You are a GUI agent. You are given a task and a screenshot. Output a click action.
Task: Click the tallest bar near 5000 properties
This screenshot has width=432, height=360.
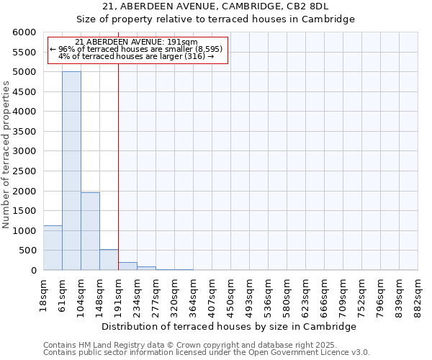click(71, 171)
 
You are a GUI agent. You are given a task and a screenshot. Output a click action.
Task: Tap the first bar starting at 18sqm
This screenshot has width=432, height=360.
click(53, 248)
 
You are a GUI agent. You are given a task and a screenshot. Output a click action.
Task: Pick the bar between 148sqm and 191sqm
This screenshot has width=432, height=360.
click(109, 260)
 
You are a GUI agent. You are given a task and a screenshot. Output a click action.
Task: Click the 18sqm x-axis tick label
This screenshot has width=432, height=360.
click(43, 294)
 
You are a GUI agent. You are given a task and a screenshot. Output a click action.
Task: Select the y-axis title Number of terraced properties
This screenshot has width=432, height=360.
click(6, 155)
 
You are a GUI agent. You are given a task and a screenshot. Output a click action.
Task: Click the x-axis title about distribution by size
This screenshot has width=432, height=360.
click(229, 326)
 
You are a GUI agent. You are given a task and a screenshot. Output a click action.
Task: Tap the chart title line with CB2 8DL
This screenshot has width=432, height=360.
click(215, 6)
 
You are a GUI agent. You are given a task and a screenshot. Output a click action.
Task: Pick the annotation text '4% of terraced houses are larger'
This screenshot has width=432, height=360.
click(137, 56)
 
